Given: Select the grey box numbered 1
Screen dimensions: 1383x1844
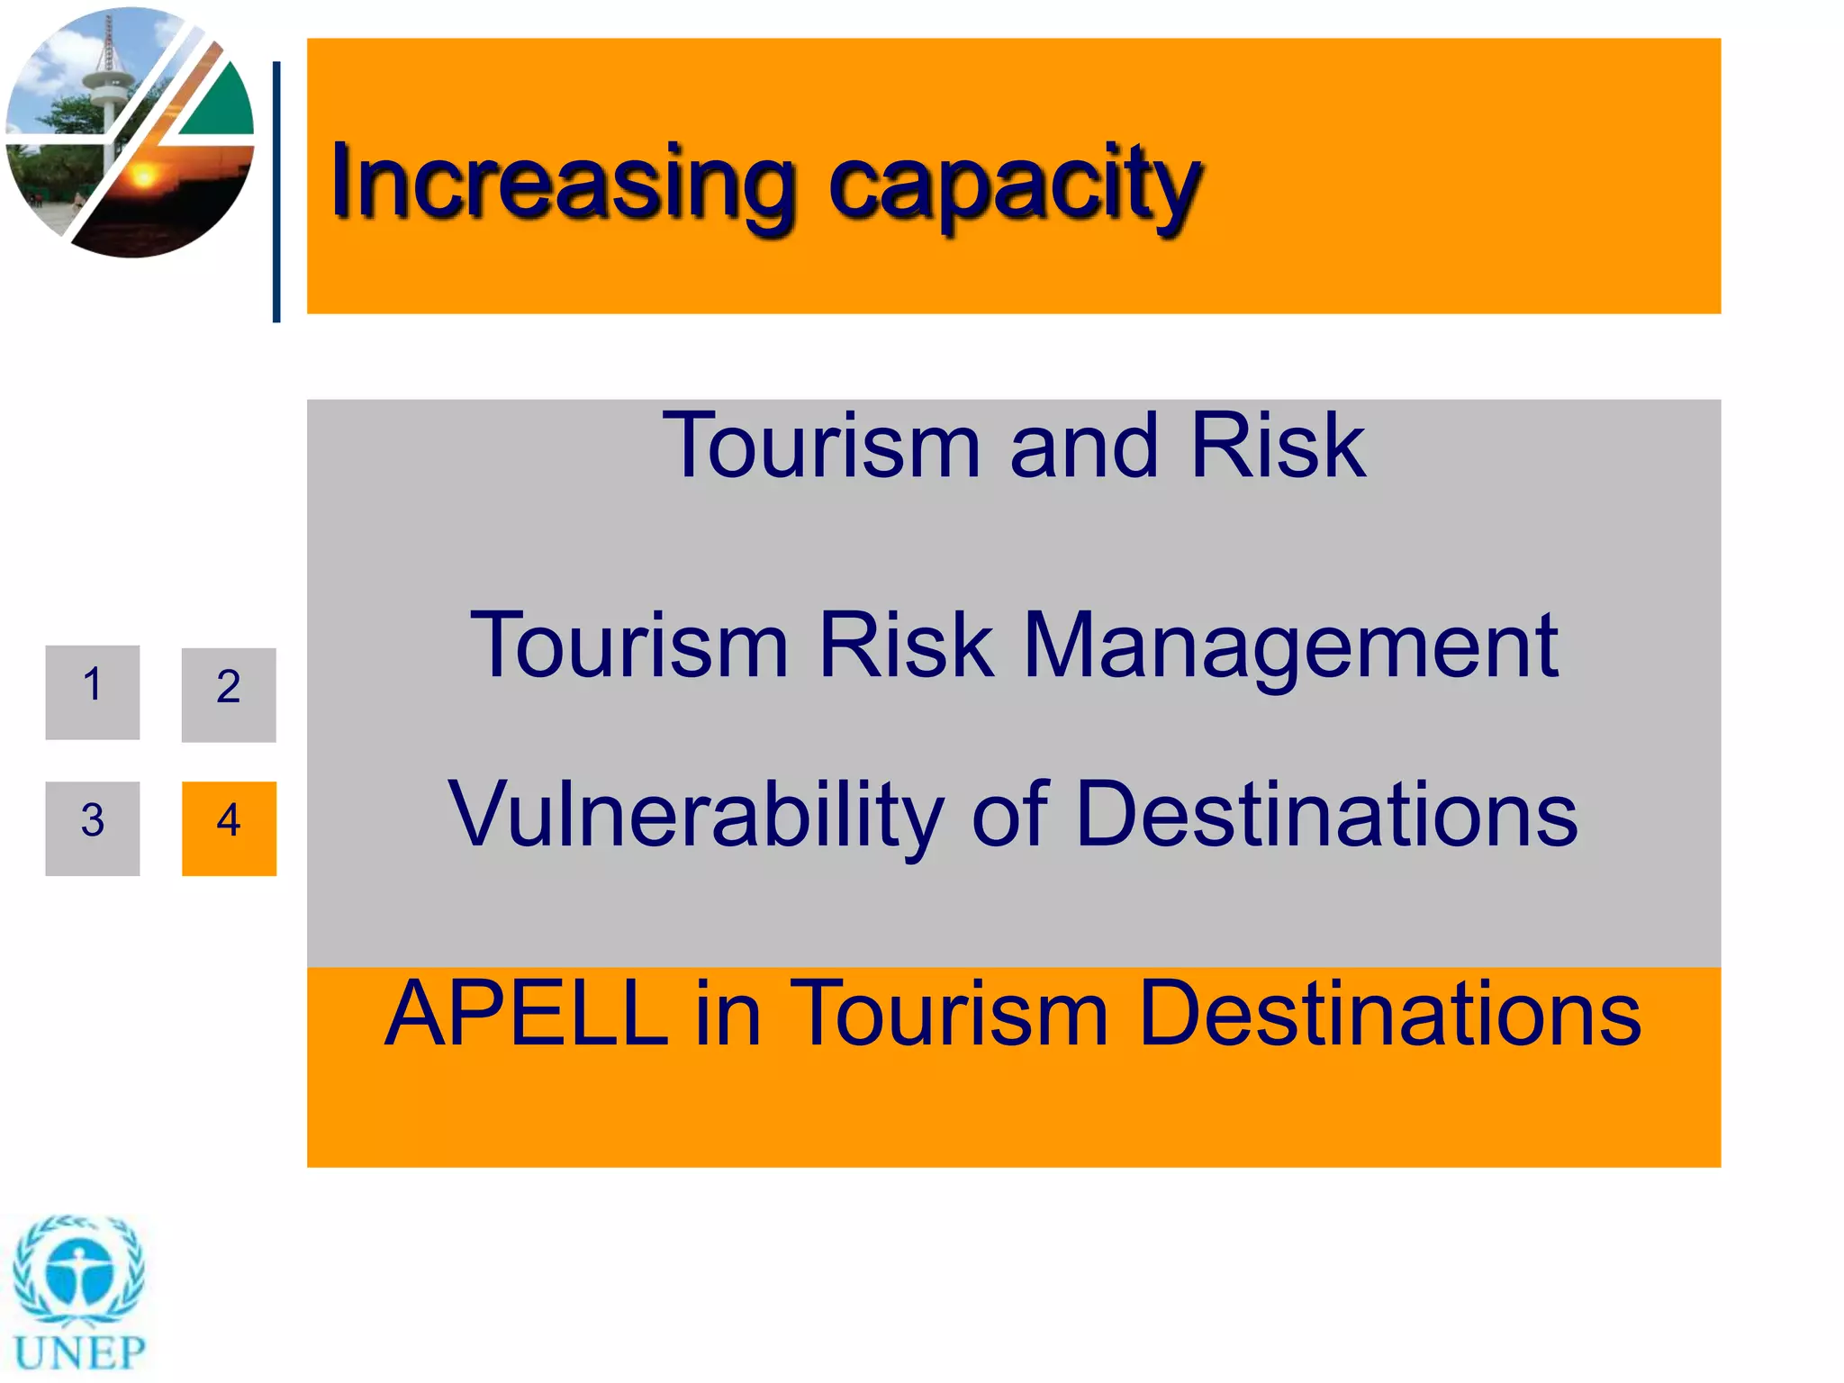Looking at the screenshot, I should pos(93,691).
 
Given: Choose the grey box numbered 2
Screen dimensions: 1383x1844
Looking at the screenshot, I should pos(229,694).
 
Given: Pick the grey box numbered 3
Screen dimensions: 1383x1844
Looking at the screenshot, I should pos(93,827).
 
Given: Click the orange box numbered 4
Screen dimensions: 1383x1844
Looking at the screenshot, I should pos(229,827).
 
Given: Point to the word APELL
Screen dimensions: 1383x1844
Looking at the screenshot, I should pos(526,1015).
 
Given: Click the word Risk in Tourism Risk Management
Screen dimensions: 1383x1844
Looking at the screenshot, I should pos(906,646).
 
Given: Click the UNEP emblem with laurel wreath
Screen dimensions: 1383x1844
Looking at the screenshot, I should pos(79,1270).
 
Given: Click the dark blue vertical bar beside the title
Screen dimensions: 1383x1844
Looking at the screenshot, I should pos(276,191).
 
